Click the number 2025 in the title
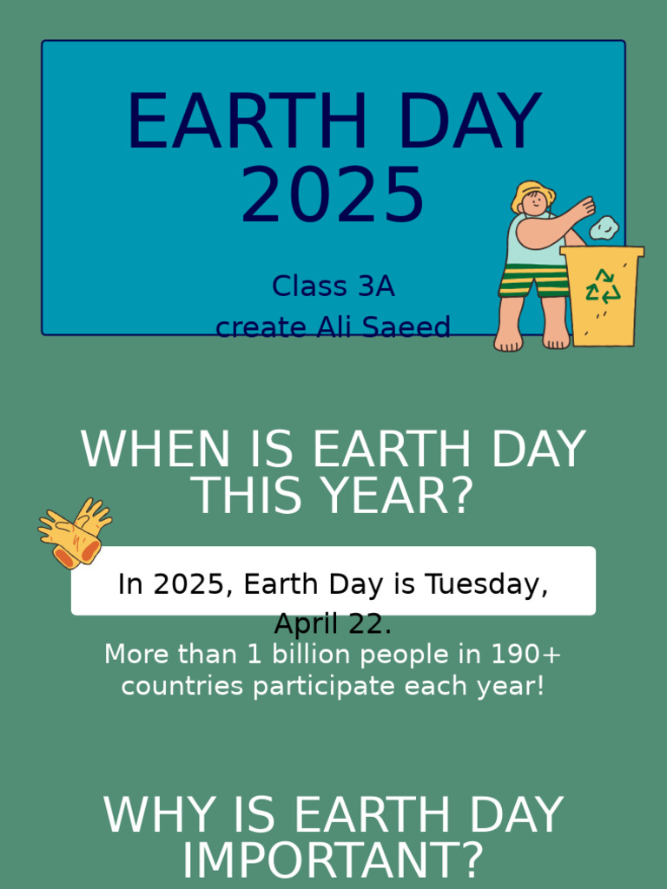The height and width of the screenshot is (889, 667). [x=333, y=195]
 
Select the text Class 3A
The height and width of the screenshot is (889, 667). [x=333, y=286]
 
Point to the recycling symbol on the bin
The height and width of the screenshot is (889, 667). [x=603, y=286]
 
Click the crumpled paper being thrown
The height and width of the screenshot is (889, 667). [x=604, y=228]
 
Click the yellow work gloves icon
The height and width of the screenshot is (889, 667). [x=75, y=532]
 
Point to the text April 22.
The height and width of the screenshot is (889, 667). [x=333, y=623]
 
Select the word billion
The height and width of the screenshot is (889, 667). [x=307, y=654]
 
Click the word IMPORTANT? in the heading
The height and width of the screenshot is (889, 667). [x=333, y=860]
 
